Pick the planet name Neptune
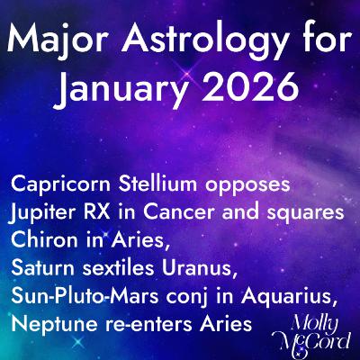click(x=49, y=324)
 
